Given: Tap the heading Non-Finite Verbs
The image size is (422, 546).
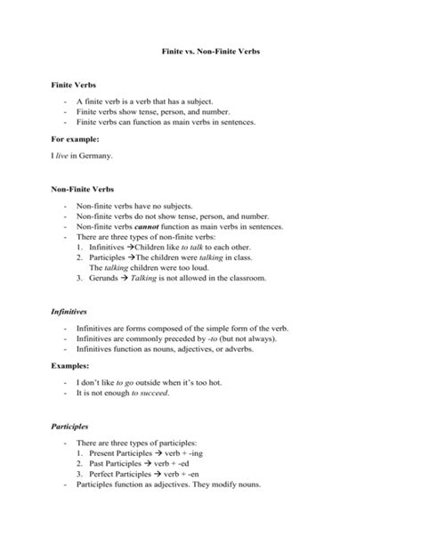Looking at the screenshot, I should [x=80, y=189].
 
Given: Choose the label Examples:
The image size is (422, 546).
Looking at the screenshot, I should [x=69, y=365].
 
